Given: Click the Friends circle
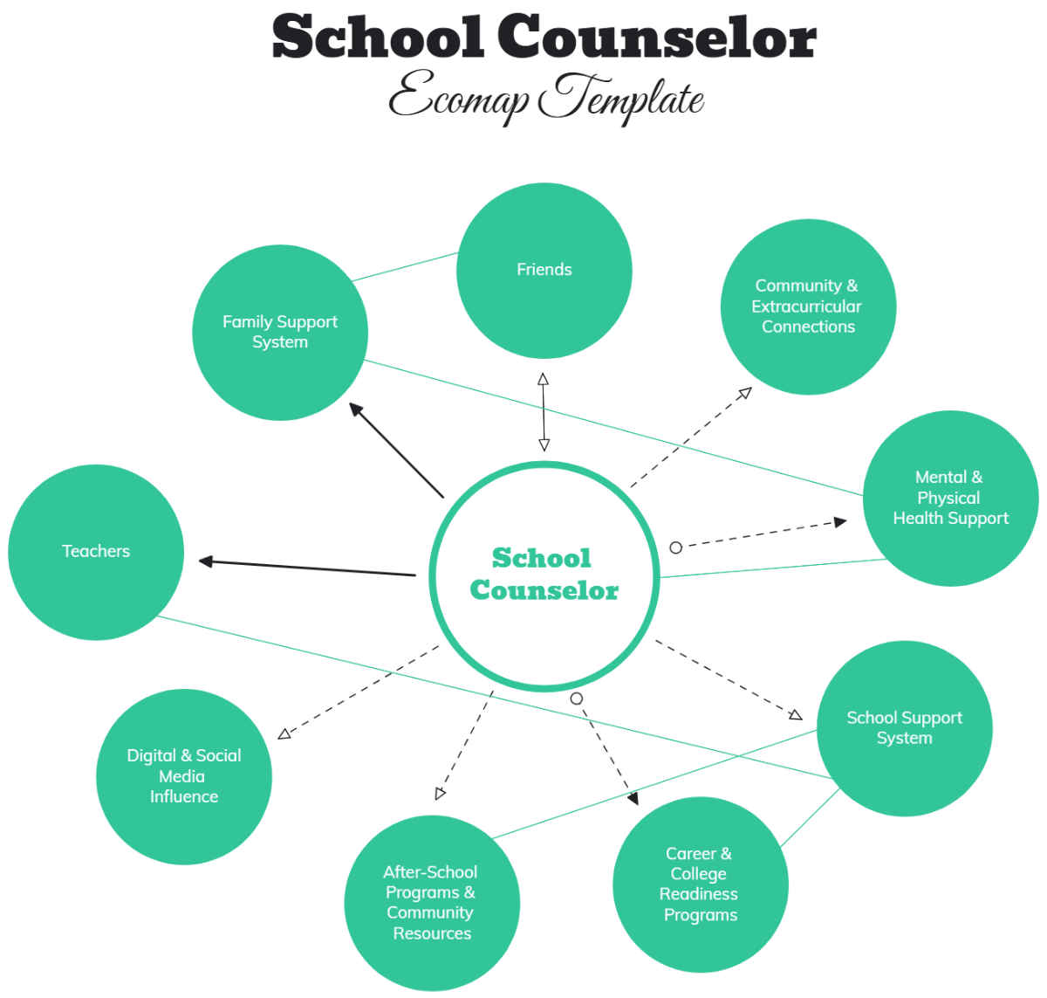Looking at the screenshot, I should point(544,271).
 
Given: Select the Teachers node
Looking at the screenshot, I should point(96,552).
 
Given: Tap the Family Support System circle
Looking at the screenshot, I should point(280,333).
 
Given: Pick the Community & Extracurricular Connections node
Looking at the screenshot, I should point(808,306).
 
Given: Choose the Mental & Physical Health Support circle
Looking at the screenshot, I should point(950,499).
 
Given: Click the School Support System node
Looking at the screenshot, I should point(904,728).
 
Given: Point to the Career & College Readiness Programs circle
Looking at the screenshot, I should point(701,884).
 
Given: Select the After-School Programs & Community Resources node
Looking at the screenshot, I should point(432,903).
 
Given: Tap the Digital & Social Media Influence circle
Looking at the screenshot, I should point(184,776).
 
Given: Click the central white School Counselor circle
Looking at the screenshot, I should point(544,574).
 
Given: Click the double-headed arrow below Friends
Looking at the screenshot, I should point(544,412).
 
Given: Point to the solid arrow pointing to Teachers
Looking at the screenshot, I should point(305,568).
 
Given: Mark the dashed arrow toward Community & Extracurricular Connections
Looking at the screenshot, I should point(689,437).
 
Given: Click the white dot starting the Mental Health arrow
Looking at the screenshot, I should point(675,547).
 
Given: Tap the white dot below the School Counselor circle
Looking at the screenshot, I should point(576,699).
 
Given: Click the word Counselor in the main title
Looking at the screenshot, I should point(658,39).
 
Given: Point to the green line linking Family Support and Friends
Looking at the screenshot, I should point(405,267).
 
